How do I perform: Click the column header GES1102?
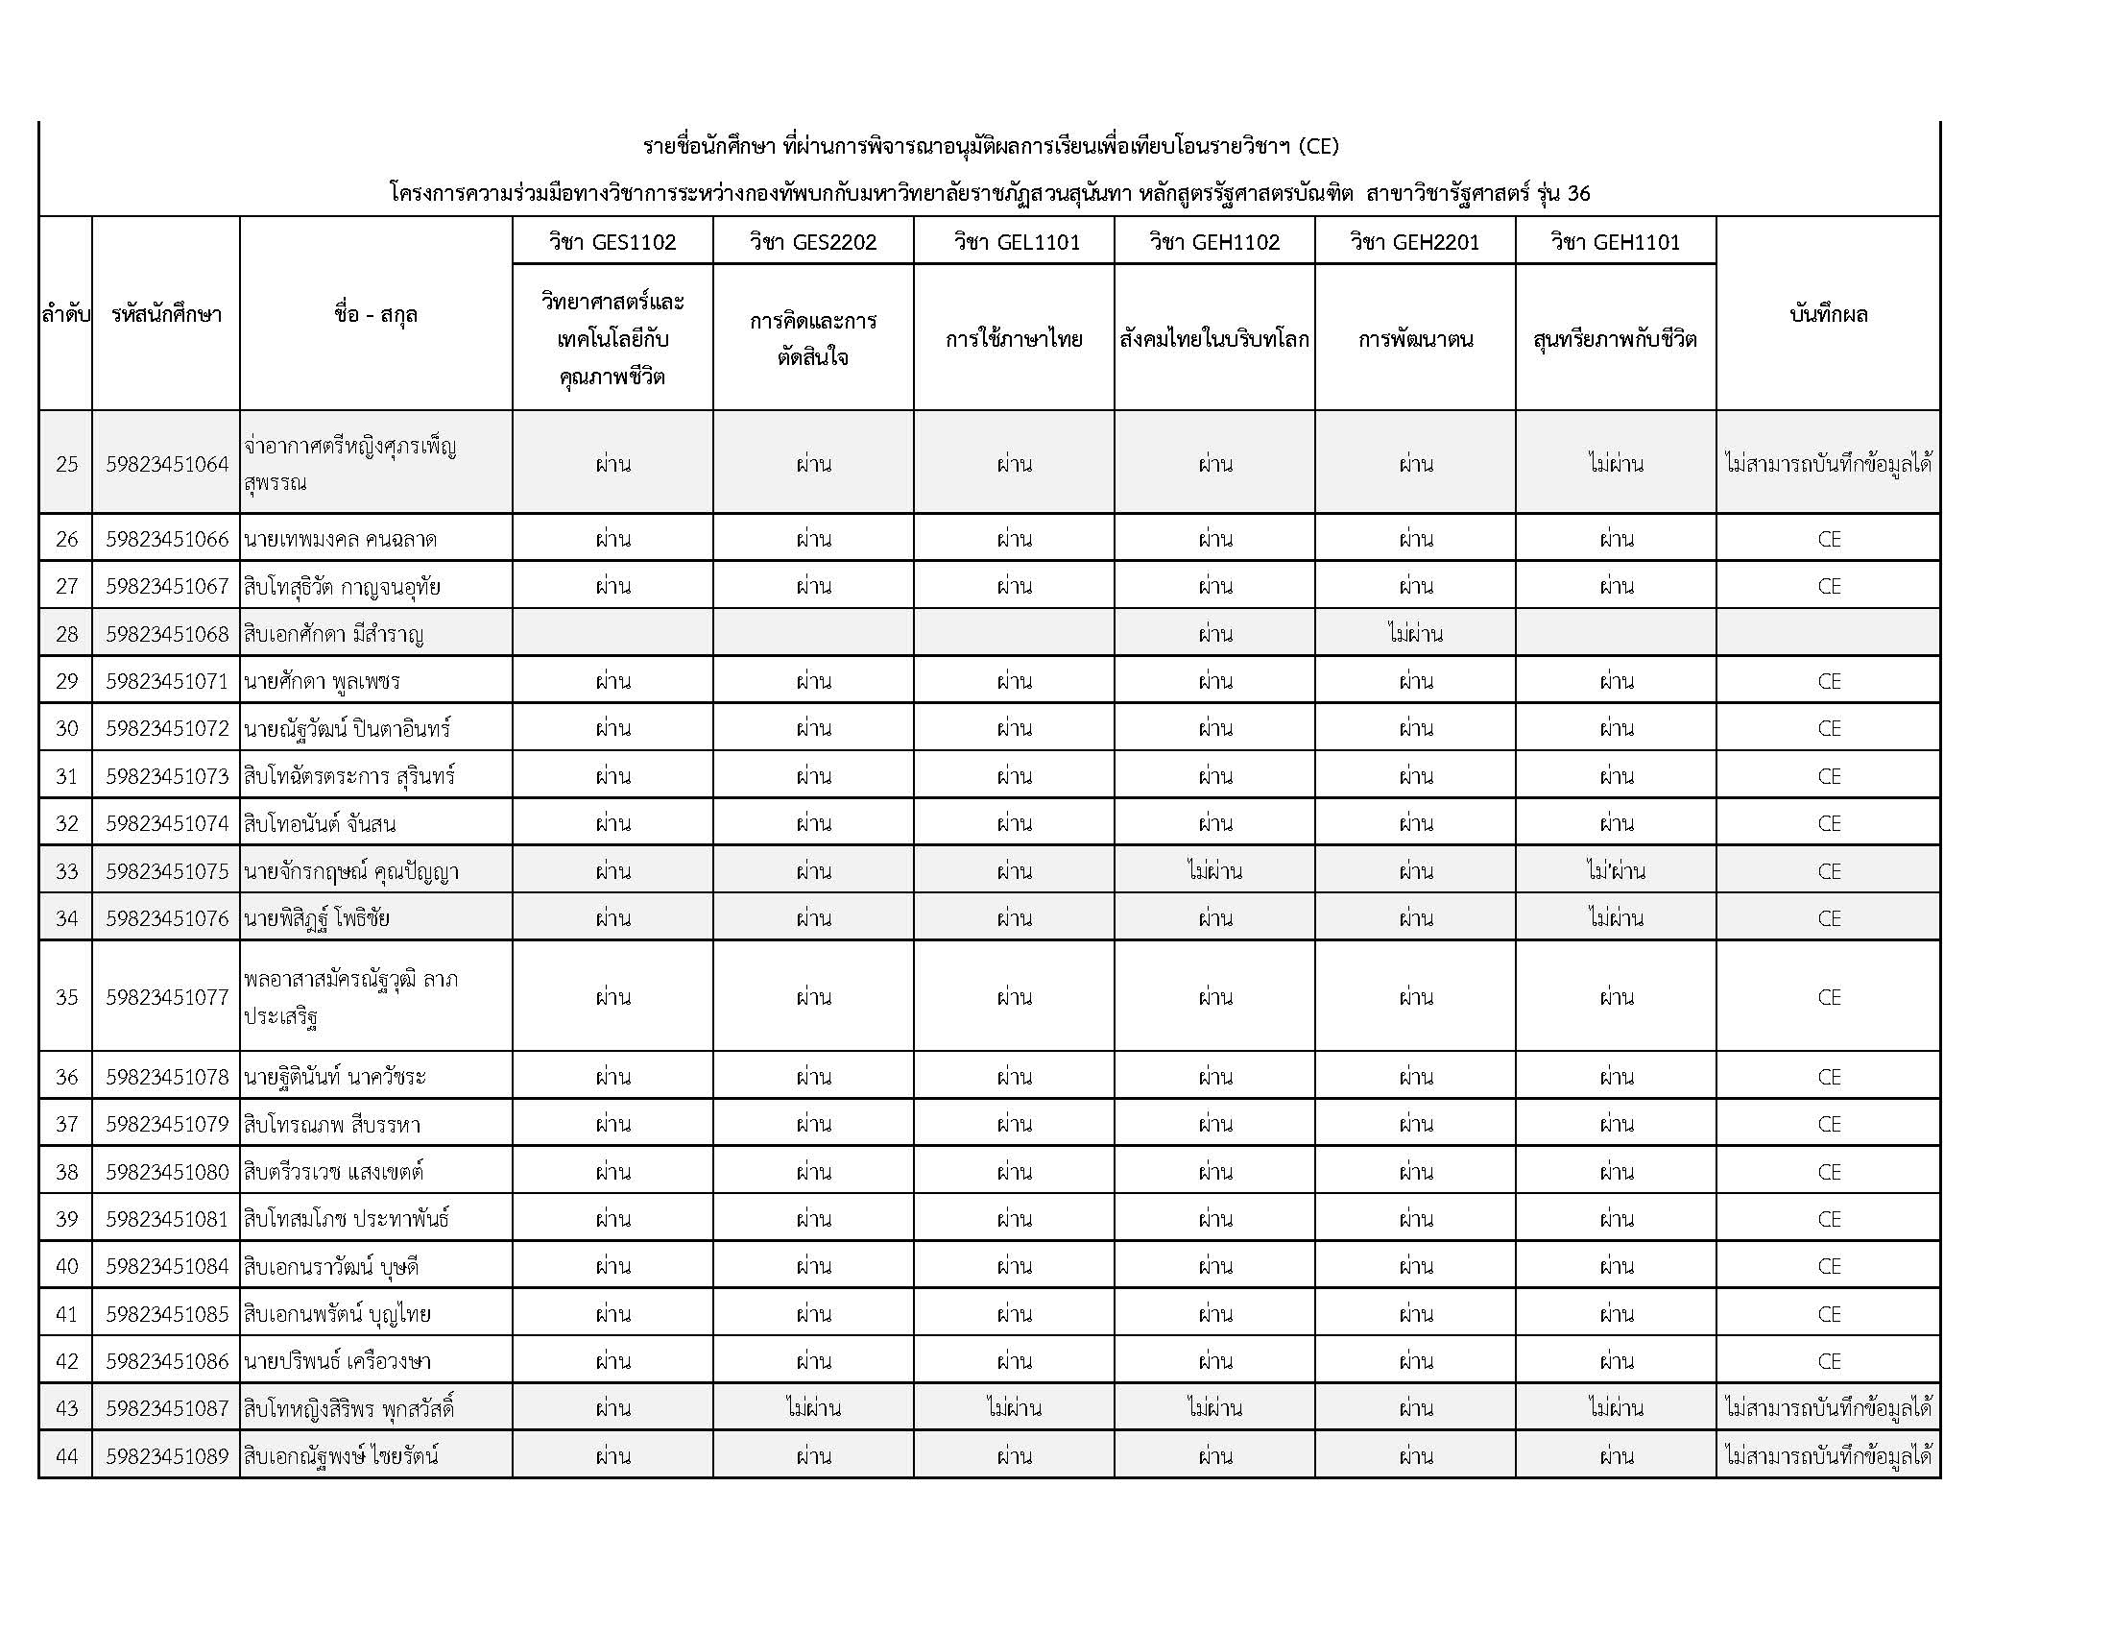click(x=612, y=242)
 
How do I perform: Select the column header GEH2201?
click(x=1415, y=242)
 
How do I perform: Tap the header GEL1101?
click(x=1014, y=242)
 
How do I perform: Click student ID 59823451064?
click(x=166, y=464)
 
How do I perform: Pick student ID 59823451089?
click(x=166, y=1456)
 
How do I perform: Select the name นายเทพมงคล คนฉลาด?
click(x=341, y=540)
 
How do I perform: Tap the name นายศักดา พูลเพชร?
click(x=322, y=682)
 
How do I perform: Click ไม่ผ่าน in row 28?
click(x=1415, y=635)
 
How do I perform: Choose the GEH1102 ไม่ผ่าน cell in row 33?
click(x=1214, y=871)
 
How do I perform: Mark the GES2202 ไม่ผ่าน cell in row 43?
click(x=813, y=1408)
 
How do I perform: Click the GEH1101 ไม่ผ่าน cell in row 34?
click(x=1616, y=918)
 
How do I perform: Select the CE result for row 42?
click(x=1829, y=1362)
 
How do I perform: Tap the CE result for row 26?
click(x=1829, y=540)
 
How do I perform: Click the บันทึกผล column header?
click(x=1829, y=314)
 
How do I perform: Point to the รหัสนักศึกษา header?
click(x=166, y=314)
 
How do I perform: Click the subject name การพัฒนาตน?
click(x=1415, y=339)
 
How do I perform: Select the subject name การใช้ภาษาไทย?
click(x=1014, y=339)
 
